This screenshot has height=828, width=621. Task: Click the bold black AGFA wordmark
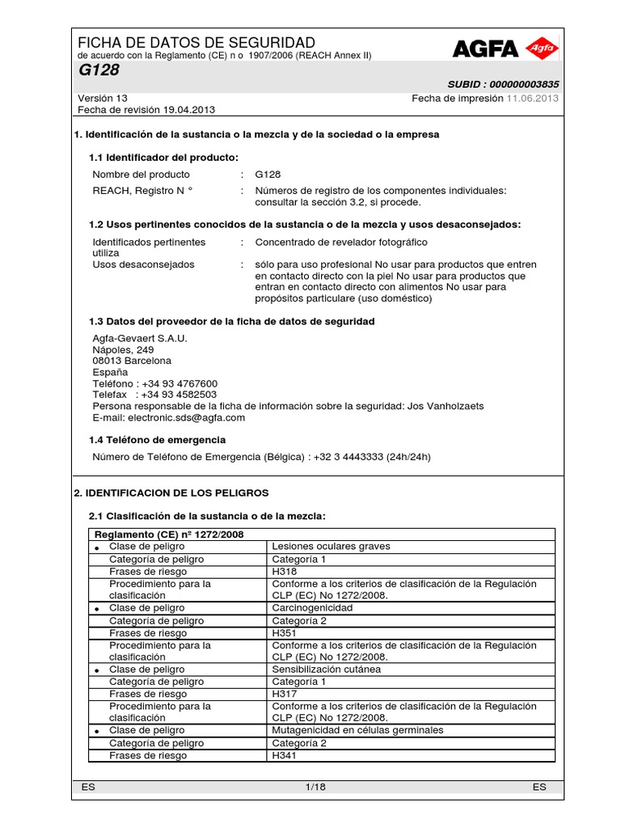pos(485,50)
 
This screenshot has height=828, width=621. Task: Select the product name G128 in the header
pos(98,70)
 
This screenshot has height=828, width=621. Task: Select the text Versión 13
pos(103,98)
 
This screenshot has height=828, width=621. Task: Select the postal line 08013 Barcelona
pos(132,361)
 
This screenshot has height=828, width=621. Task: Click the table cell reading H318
pos(285,571)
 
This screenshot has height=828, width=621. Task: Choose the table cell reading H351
pos(285,633)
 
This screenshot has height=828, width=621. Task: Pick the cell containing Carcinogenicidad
pos(312,608)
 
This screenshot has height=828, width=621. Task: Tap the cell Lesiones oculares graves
pos(331,547)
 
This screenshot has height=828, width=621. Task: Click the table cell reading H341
pos(285,755)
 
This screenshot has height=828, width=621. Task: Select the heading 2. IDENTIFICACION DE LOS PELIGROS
pos(171,492)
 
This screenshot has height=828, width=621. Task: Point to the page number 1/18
pos(313,787)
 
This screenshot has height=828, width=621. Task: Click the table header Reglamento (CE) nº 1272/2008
pos(169,534)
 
